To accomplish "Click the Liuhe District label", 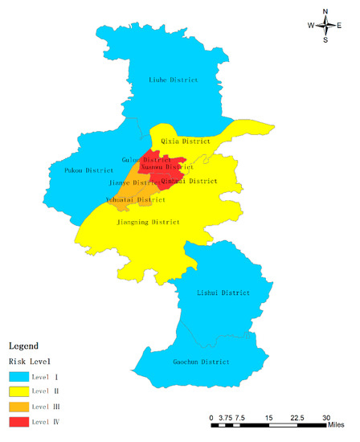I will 174,80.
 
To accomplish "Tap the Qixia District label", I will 186,141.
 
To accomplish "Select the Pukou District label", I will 89,170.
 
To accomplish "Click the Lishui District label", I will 223,293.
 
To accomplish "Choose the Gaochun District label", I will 201,362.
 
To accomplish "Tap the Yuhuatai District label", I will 136,199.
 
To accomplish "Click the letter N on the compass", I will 325,11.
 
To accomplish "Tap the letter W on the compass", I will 310,26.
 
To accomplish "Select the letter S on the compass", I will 325,39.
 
